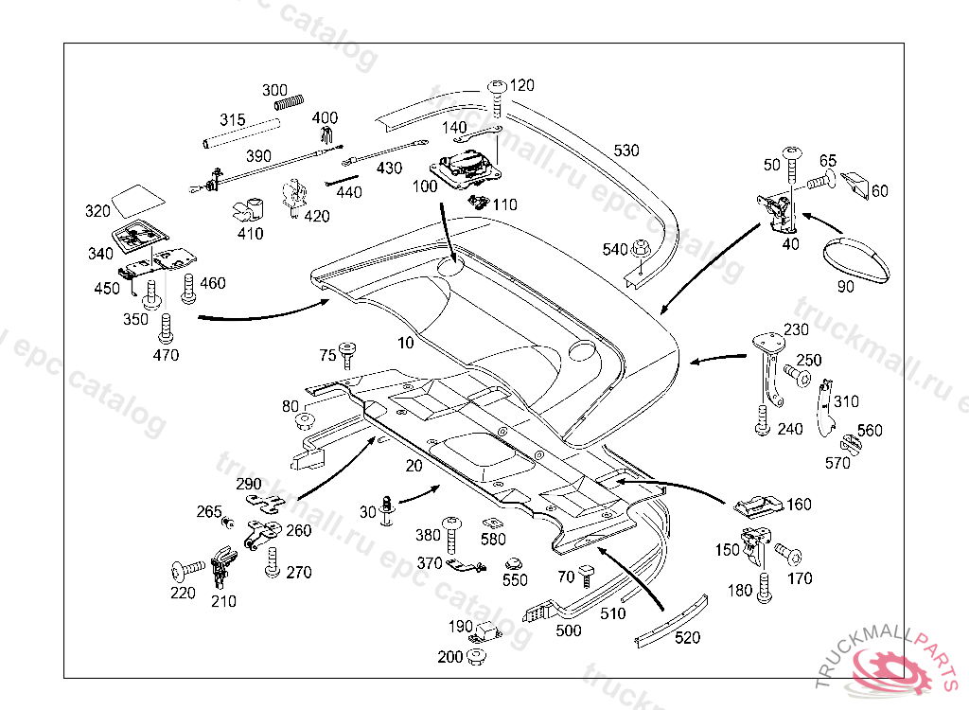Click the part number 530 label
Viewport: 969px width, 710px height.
click(626, 151)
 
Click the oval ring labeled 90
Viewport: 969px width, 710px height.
click(856, 258)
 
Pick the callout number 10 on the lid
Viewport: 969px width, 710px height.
click(405, 343)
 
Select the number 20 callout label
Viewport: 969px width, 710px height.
click(414, 466)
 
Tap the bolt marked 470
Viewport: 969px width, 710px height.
click(167, 328)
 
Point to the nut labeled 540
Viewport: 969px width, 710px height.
click(640, 250)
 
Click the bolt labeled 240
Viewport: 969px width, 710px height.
click(763, 420)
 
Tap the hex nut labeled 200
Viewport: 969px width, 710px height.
click(475, 655)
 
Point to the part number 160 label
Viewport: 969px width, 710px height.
click(799, 505)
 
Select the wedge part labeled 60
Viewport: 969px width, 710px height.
click(856, 186)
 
